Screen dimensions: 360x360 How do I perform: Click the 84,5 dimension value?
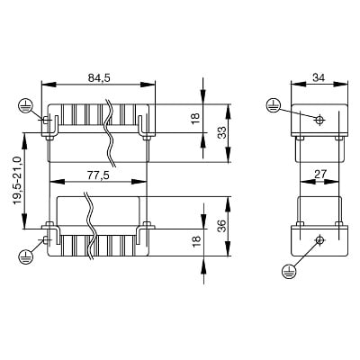coord(99,77)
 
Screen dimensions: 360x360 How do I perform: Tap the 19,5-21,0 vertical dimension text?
coord(18,181)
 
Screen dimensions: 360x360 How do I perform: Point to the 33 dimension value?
coord(222,132)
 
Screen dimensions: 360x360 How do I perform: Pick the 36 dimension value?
coord(222,226)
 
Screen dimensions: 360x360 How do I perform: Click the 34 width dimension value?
coord(319,77)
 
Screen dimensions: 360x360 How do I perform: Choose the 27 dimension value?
coord(319,175)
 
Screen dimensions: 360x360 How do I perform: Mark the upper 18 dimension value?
coord(195,118)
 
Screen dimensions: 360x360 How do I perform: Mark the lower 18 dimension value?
coord(195,241)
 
